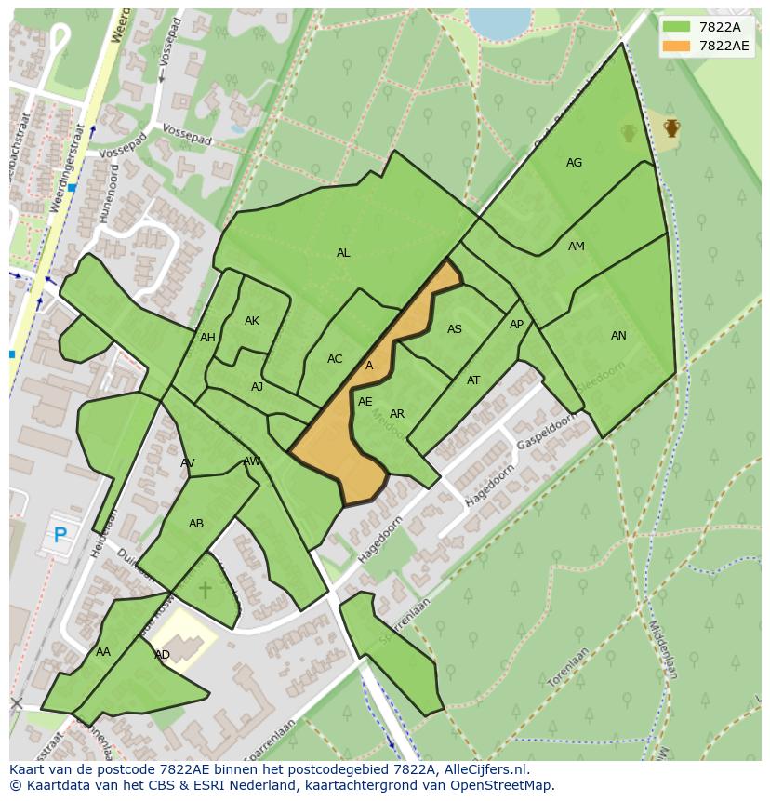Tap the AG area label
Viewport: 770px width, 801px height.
pyautogui.click(x=574, y=163)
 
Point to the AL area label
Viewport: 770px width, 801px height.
pyautogui.click(x=343, y=253)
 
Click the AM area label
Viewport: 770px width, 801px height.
pyautogui.click(x=577, y=247)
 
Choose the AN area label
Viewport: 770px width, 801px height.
pyautogui.click(x=618, y=336)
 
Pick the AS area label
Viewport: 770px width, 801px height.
pyautogui.click(x=455, y=329)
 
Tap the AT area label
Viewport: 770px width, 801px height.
pyautogui.click(x=473, y=380)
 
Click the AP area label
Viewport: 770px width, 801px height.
pyautogui.click(x=517, y=325)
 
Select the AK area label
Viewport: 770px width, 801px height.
pyautogui.click(x=252, y=321)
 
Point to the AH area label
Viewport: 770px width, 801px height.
pyautogui.click(x=207, y=338)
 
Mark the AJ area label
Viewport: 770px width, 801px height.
pyautogui.click(x=258, y=387)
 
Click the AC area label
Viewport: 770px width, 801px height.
pyautogui.click(x=335, y=359)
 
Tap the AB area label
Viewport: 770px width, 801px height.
pyautogui.click(x=196, y=524)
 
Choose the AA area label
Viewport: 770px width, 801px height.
pyautogui.click(x=103, y=652)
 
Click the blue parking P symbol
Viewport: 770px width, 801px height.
pyautogui.click(x=60, y=535)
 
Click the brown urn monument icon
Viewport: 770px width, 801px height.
pyautogui.click(x=671, y=127)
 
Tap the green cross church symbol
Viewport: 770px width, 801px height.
pyautogui.click(x=206, y=590)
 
